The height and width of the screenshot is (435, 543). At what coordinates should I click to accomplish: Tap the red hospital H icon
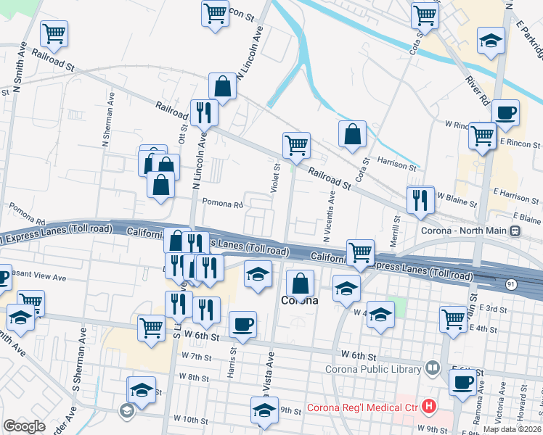[430, 407]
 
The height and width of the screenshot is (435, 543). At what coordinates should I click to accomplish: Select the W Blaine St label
[457, 204]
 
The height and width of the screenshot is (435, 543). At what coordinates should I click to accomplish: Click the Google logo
[24, 426]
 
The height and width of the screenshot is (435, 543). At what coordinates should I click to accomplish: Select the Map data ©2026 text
[513, 429]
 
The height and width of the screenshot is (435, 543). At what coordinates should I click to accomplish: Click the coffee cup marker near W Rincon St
[505, 112]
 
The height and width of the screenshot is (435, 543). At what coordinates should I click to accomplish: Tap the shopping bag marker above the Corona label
[300, 283]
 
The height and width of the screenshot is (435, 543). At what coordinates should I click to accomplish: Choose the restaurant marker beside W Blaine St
[420, 200]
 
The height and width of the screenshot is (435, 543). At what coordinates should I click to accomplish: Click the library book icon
[433, 368]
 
